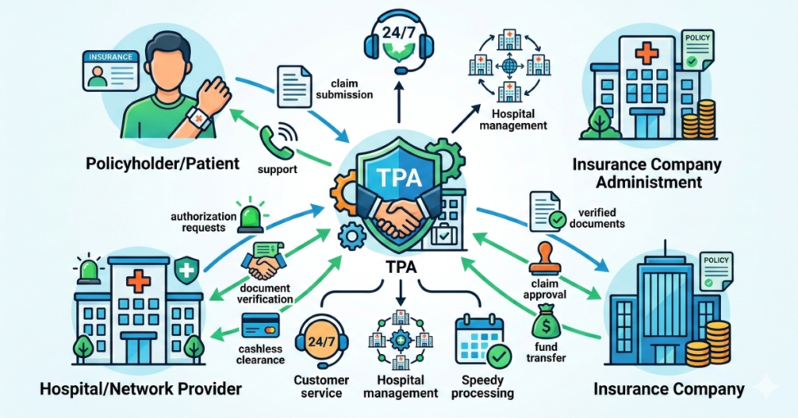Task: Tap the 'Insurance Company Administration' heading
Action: pyautogui.click(x=647, y=173)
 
